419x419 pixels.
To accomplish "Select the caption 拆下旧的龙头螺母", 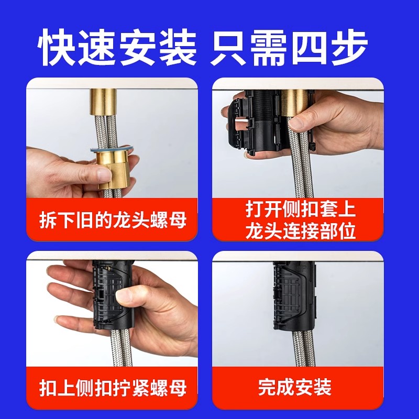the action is [113, 220].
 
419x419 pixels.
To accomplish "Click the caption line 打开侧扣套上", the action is [300, 210].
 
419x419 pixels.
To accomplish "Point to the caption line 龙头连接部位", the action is [300, 231].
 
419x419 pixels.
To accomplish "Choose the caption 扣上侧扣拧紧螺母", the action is [113, 388].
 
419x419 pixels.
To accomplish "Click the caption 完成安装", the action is [295, 387].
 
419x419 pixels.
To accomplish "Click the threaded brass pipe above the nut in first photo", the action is [103, 102].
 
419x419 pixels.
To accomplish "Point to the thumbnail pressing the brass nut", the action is [105, 174].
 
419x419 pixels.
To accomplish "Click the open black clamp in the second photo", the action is [254, 124].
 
